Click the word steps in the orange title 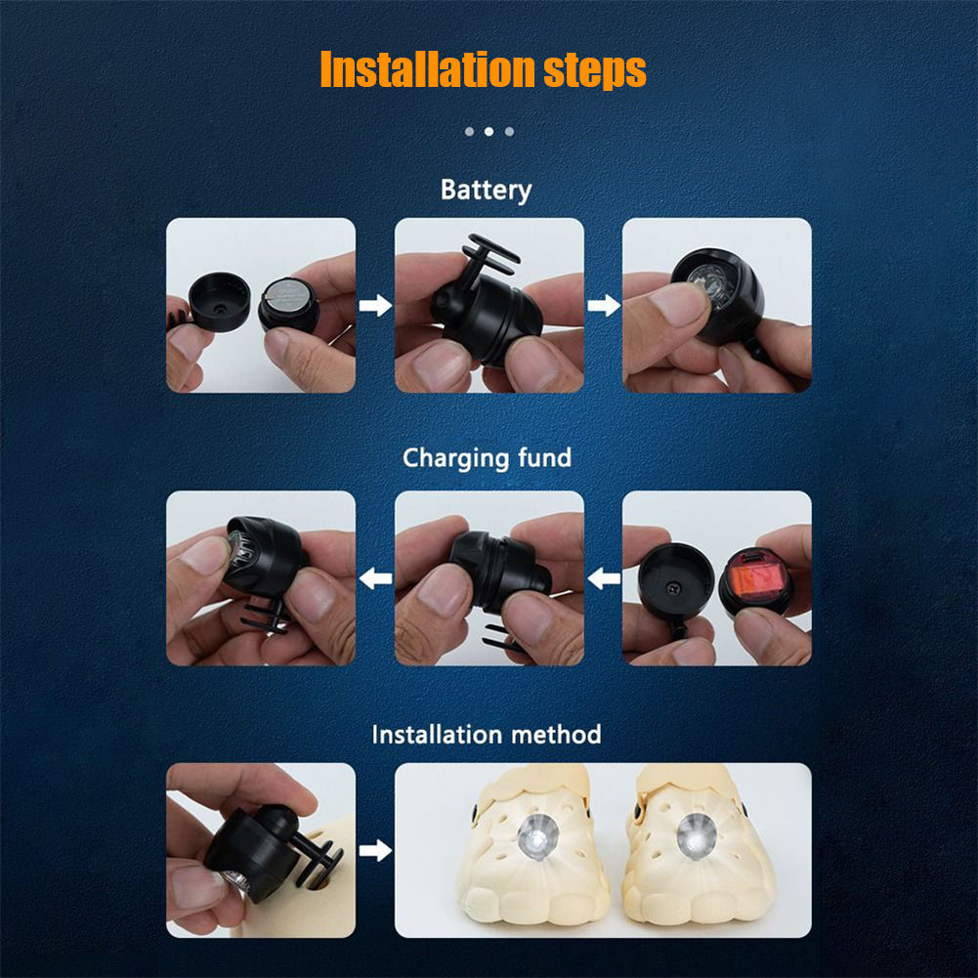594,71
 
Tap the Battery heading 486,191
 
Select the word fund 535,457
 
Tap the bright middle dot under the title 489,132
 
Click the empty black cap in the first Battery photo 220,301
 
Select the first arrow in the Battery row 375,306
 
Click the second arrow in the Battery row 604,306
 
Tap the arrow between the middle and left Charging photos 375,578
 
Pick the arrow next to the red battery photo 604,578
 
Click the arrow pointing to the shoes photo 375,850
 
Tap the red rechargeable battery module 755,582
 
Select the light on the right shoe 697,836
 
